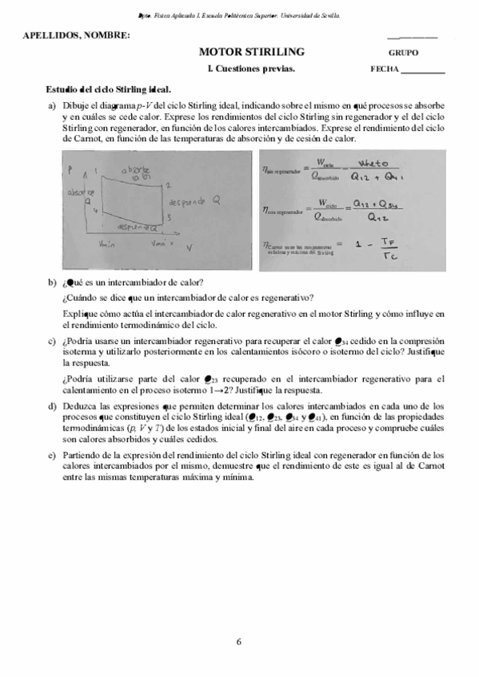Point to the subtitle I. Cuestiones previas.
click(250, 69)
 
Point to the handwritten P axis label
click(71, 168)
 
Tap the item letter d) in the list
click(52, 406)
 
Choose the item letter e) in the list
click(52, 454)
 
